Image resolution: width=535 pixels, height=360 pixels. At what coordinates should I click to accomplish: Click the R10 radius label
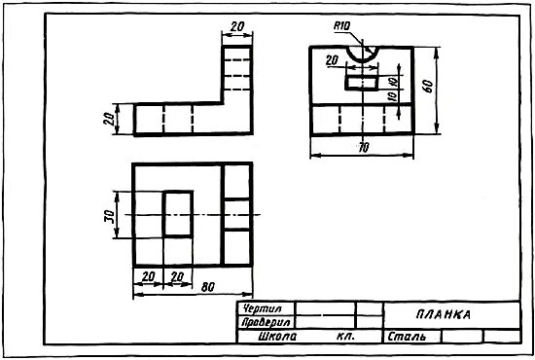[x=341, y=26]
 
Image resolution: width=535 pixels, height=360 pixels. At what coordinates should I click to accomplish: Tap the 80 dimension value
[x=208, y=287]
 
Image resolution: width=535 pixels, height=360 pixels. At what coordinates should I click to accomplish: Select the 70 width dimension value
[x=364, y=148]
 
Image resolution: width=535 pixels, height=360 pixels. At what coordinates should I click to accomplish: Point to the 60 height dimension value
[x=428, y=86]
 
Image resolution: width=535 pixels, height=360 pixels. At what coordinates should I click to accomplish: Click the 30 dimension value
[x=110, y=216]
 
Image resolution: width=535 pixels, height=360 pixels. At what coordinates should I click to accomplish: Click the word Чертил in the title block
[x=262, y=308]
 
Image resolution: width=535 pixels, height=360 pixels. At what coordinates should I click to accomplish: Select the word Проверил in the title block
[x=266, y=322]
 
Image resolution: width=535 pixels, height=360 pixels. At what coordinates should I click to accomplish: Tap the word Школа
[x=277, y=337]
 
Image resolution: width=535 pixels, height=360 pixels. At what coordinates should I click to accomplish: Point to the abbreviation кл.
[x=345, y=337]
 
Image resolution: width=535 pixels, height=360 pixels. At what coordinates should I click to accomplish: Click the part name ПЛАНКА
[x=444, y=314]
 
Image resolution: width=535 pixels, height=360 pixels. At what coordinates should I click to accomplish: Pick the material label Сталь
[x=407, y=337]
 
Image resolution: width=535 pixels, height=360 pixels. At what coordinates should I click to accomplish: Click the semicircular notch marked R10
[x=363, y=60]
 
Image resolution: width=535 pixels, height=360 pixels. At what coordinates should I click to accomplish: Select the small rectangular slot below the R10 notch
[x=362, y=83]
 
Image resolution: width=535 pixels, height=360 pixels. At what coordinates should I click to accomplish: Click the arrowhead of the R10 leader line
[x=370, y=51]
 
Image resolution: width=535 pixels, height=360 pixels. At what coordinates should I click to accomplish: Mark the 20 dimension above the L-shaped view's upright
[x=237, y=26]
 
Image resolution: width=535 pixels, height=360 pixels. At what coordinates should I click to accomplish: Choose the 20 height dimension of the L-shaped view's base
[x=110, y=119]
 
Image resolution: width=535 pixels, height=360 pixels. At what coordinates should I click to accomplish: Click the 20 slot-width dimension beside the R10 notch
[x=332, y=60]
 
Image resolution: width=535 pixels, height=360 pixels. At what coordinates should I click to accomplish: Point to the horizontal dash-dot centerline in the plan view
[x=193, y=215]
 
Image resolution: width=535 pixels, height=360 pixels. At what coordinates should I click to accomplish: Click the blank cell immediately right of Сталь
[x=462, y=337]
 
